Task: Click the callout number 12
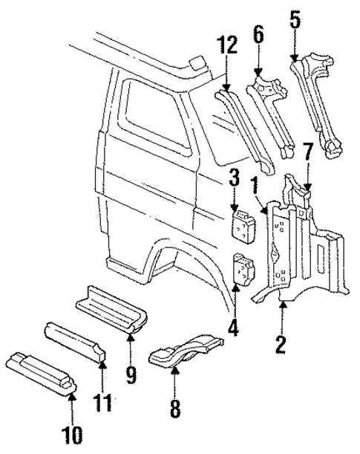point(227,46)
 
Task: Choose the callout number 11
point(103,403)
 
